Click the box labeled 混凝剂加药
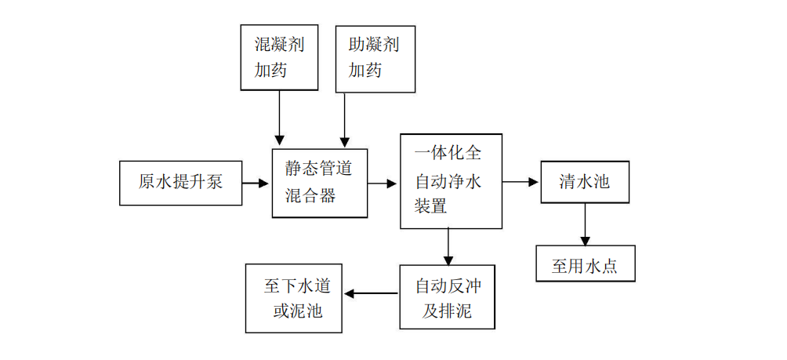click(279, 57)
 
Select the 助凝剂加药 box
click(375, 57)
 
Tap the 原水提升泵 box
click(180, 183)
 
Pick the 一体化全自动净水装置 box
click(451, 181)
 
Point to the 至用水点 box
click(585, 264)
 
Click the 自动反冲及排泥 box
click(448, 296)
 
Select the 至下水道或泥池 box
click(293, 296)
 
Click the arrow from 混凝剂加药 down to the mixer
click(278, 118)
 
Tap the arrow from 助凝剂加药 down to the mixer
click(342, 118)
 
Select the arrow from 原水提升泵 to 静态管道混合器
click(256, 184)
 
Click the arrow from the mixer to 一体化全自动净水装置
click(383, 184)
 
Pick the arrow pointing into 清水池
click(521, 182)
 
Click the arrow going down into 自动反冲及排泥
click(448, 246)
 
